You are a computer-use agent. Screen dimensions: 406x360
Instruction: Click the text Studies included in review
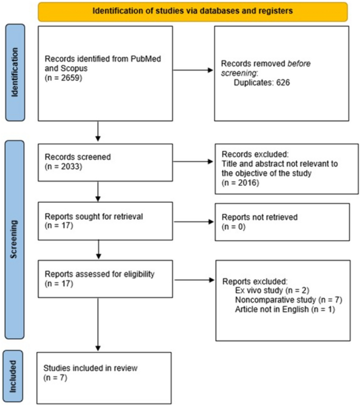click(91, 368)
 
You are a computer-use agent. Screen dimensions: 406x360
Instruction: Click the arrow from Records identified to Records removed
click(193, 69)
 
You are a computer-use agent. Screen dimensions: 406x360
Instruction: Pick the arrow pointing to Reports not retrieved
click(193, 221)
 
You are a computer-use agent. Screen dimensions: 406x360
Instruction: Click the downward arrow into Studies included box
click(98, 330)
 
